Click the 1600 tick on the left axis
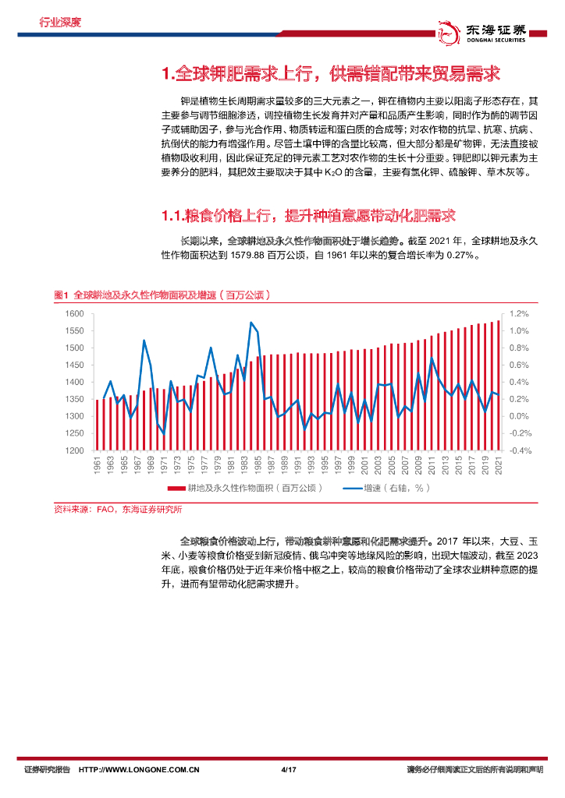[73, 313]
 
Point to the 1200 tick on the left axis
[73, 450]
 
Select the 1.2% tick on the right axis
[521, 313]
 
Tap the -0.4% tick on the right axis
[521, 450]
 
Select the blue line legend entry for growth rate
[351, 489]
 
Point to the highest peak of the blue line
[251, 323]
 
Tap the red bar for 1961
[97, 425]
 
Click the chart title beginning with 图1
[162, 295]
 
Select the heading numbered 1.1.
[307, 214]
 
